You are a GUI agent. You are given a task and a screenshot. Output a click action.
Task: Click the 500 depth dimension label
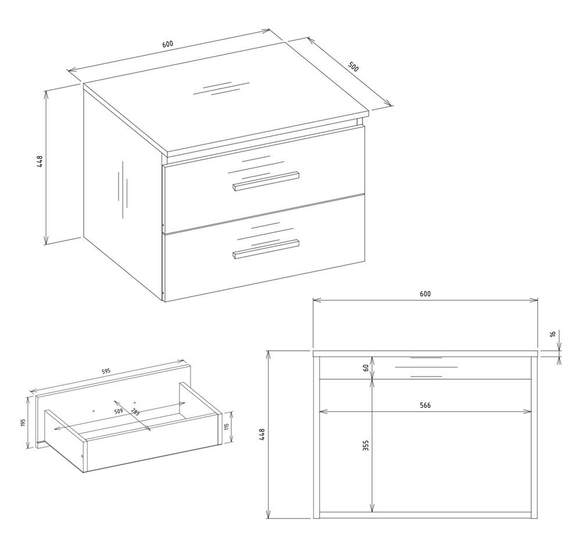coord(353,66)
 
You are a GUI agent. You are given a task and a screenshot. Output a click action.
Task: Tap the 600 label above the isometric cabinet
coord(168,44)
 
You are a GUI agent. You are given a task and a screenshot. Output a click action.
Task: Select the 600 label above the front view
coord(425,294)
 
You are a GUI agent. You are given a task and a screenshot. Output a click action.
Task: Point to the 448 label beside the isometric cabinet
coord(40,162)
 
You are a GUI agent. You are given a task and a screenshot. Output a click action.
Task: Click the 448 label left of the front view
coord(262,434)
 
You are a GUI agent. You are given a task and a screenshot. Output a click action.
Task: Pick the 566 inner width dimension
coord(425,405)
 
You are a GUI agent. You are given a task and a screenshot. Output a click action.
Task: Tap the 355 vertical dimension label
coord(365,445)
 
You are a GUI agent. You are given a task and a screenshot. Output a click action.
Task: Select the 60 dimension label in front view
coord(365,368)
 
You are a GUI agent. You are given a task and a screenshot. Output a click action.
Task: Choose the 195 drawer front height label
coord(23,423)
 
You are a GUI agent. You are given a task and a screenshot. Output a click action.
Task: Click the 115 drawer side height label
coord(227,427)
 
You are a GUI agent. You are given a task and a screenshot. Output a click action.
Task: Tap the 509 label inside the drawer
coord(118,411)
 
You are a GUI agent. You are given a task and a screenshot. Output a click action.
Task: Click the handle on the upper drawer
coord(266,181)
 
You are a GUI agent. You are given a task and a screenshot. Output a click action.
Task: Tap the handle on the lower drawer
coord(266,249)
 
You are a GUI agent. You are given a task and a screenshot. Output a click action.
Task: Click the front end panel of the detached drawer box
coord(151,445)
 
